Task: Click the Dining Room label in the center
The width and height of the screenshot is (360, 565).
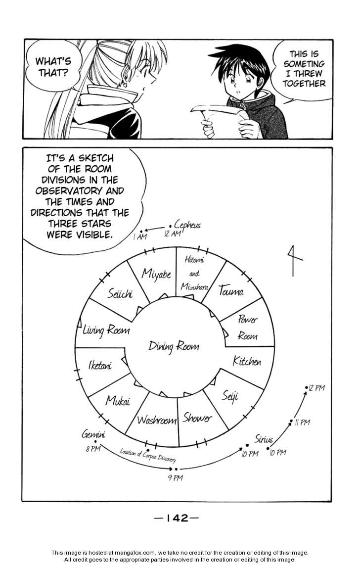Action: point(174,346)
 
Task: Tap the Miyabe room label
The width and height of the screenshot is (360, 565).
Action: point(156,273)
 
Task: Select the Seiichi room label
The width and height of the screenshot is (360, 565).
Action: point(120,293)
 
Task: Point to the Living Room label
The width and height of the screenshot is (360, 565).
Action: point(106,330)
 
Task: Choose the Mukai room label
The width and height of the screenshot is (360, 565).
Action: point(117,400)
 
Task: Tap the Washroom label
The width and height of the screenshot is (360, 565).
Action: point(156,420)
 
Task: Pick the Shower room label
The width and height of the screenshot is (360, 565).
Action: point(197,418)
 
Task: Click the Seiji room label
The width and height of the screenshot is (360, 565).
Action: point(229,396)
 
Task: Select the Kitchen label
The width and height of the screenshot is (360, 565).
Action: point(247,362)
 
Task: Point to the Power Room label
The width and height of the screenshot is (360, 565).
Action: point(247,328)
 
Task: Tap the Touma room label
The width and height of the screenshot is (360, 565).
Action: point(231,291)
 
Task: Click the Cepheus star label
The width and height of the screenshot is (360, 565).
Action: point(187,225)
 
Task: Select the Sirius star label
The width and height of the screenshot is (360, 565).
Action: point(264,438)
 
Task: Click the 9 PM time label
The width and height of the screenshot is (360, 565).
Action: point(175,478)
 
